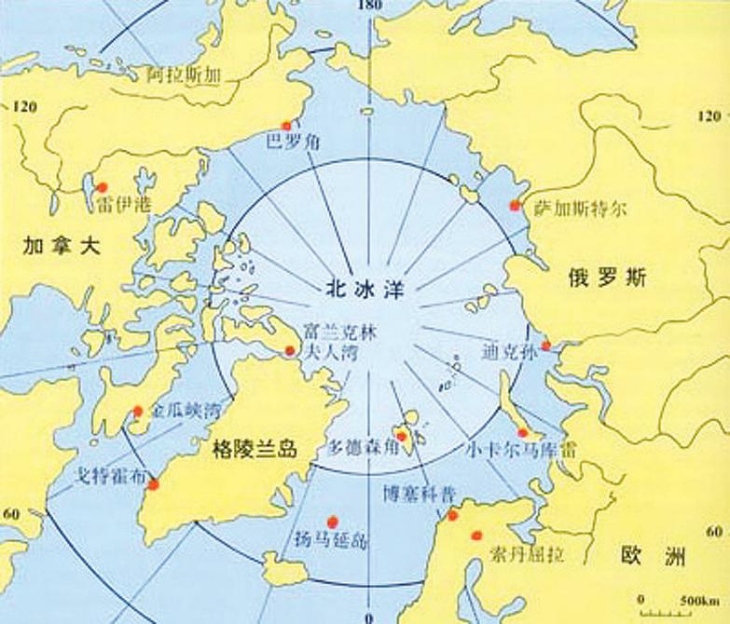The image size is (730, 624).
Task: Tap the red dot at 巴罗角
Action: [x=287, y=126]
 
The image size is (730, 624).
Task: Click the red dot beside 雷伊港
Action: [x=103, y=186]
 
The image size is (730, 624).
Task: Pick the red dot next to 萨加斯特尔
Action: [x=512, y=206]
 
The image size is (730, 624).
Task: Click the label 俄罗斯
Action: [x=609, y=278]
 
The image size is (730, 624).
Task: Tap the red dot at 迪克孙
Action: [x=547, y=347]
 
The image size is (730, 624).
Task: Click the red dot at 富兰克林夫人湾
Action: [x=290, y=351]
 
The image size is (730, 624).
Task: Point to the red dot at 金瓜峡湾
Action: [x=138, y=411]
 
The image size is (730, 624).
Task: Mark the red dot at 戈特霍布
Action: [x=154, y=484]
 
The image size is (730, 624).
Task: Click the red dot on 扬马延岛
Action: [x=332, y=522]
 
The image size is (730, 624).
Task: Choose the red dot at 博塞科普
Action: [x=452, y=516]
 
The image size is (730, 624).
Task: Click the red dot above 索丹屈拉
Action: [x=476, y=536]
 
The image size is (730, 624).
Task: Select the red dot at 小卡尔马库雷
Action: [x=524, y=433]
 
